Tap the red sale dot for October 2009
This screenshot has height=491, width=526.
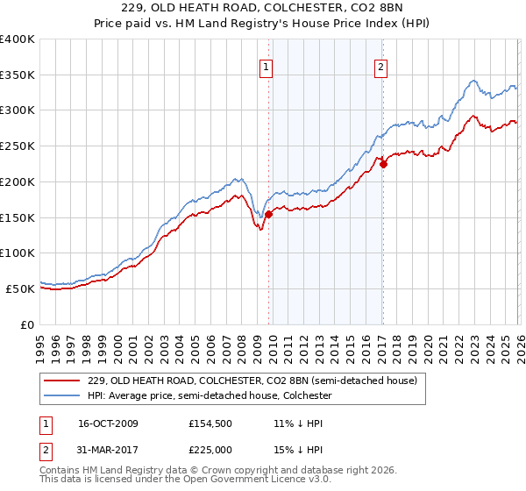coord(269,213)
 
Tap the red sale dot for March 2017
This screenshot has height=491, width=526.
coord(383,163)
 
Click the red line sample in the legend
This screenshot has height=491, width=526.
coord(63,381)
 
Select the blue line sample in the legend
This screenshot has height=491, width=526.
coord(63,395)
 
